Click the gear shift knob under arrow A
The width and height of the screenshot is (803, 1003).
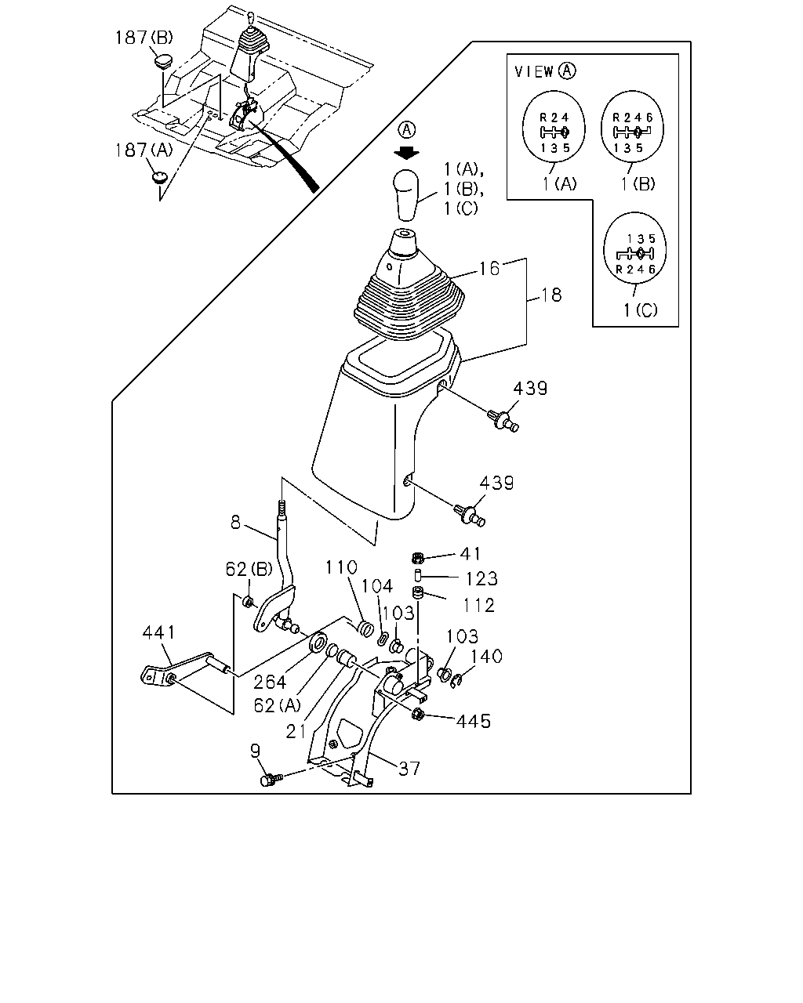point(406,194)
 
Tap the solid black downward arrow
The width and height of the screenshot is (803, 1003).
point(406,153)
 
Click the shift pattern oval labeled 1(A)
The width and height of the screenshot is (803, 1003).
point(554,127)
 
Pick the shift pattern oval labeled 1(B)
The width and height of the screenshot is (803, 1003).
point(632,127)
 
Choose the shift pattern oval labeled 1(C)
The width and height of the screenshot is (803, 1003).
point(634,248)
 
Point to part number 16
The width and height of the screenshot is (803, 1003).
point(489,269)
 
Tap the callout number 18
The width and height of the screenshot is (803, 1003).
point(551,295)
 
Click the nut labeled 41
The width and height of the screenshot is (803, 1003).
point(418,557)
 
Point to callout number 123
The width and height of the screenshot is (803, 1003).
point(482,579)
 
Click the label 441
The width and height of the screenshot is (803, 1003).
point(158,632)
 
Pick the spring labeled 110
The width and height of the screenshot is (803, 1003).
point(365,628)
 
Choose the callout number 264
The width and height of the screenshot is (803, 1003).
point(270,683)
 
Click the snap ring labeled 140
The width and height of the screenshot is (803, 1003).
point(456,681)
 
